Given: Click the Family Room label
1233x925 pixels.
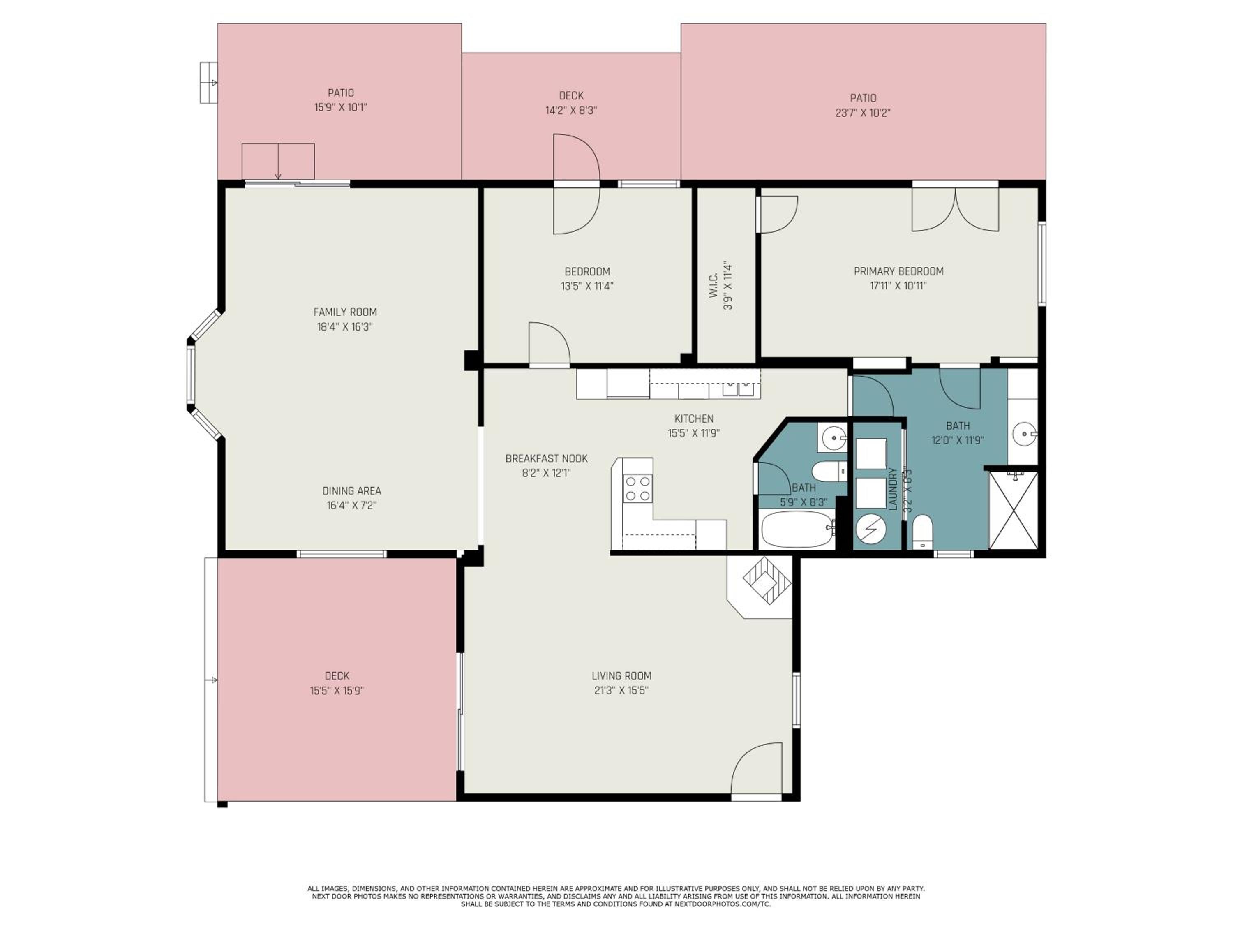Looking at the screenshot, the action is coord(345,312).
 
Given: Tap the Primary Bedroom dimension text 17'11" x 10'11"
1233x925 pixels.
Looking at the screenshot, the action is coord(898,286).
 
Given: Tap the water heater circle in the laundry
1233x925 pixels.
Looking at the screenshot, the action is coord(870,527).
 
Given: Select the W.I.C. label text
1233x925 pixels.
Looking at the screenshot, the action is coord(713,285).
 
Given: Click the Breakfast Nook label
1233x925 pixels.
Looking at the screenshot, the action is coord(546,458).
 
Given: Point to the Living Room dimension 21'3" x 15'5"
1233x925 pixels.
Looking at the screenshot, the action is coord(621,690).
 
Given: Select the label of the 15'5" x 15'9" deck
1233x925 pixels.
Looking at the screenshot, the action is coord(337,676).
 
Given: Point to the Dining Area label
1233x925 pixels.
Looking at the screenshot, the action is coord(352,490).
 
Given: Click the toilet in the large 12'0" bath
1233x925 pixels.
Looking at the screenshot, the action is coord(923,531).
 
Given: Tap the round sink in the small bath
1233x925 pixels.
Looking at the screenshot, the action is coord(833,437).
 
